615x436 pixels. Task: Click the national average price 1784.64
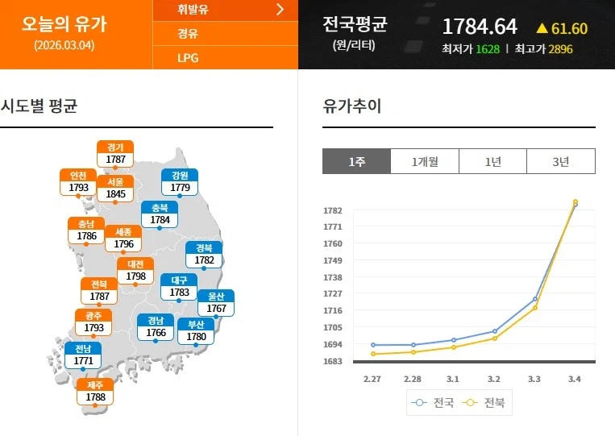click(479, 27)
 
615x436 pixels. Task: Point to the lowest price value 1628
click(488, 49)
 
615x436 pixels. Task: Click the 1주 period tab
click(356, 161)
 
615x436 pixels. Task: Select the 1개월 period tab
click(424, 161)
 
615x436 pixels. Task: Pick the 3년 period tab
click(561, 161)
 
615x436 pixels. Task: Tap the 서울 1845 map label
click(115, 189)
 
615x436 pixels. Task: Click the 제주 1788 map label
click(95, 391)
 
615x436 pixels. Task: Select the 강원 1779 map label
click(180, 182)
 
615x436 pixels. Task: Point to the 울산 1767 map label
click(216, 303)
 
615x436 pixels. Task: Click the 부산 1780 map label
click(196, 331)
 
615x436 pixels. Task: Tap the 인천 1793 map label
click(78, 182)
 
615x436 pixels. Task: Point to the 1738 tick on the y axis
click(333, 277)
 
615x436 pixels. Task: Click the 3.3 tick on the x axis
click(534, 379)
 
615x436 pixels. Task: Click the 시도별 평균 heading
click(39, 106)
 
